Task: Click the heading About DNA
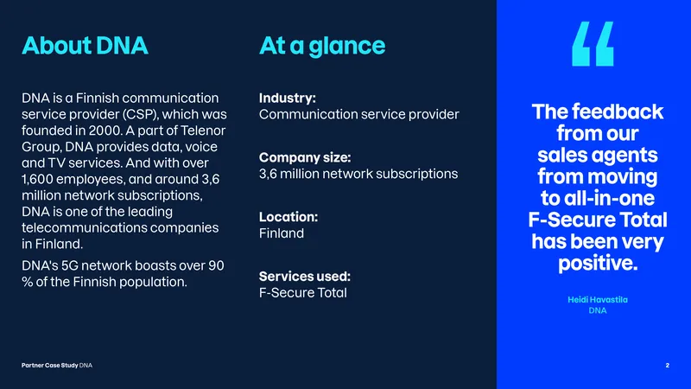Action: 85,46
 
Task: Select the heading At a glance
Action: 322,47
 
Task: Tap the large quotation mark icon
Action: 593,44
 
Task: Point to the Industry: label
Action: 288,98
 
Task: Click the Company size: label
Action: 305,157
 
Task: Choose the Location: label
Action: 288,217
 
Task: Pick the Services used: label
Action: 305,277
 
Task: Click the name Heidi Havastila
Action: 598,300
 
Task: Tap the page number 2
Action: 667,365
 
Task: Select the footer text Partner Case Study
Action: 50,365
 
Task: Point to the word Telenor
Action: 203,131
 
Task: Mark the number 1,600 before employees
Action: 37,180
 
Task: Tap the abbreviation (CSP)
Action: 140,115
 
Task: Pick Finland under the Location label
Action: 282,233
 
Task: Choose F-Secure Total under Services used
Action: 303,293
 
